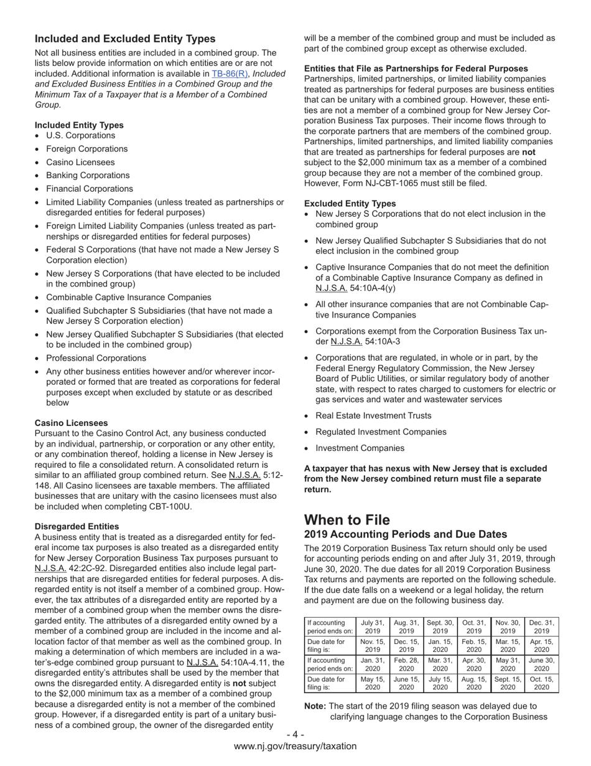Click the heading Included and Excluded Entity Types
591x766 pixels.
coord(125,39)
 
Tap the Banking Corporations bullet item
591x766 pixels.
coord(88,176)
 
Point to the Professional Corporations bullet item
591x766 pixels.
coord(96,358)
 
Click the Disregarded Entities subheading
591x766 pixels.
coord(77,526)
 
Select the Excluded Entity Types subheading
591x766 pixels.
coord(350,204)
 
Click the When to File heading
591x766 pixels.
coord(347,520)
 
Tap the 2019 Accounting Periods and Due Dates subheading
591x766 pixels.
coord(406,534)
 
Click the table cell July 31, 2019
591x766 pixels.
coord(373,627)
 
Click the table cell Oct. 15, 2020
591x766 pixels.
coord(541,683)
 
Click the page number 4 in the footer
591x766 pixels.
coord(295,734)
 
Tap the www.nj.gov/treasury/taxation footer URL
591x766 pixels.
coord(295,746)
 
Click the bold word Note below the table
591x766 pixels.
coord(315,706)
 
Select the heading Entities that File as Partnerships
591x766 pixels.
coord(416,69)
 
